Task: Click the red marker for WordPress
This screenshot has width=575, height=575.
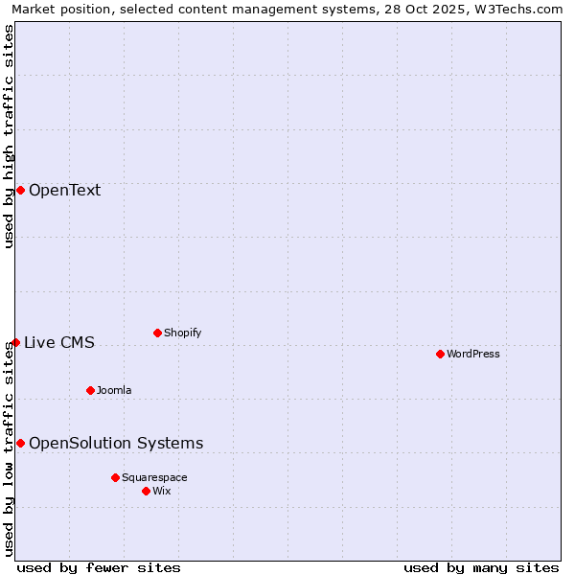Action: pyautogui.click(x=440, y=354)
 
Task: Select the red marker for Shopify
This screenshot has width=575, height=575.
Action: pyautogui.click(x=157, y=333)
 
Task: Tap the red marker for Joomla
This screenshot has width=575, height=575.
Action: pyautogui.click(x=90, y=390)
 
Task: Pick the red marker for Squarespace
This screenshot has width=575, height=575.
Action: pyautogui.click(x=115, y=477)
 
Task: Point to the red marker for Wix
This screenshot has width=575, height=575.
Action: pyautogui.click(x=146, y=491)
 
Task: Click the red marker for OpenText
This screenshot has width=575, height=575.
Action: pyautogui.click(x=20, y=190)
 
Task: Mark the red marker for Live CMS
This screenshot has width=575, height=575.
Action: pyautogui.click(x=15, y=342)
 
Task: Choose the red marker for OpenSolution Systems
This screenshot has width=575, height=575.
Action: pyautogui.click(x=20, y=443)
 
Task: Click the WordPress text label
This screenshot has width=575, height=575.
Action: pyautogui.click(x=473, y=354)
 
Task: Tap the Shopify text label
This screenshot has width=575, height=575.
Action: pyautogui.click(x=183, y=333)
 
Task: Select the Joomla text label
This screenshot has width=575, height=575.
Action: pyautogui.click(x=114, y=390)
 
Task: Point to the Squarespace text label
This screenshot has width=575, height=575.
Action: pyautogui.click(x=154, y=477)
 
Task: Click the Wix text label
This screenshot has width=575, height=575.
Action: pyautogui.click(x=162, y=491)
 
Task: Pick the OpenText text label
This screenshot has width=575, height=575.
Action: pyautogui.click(x=64, y=190)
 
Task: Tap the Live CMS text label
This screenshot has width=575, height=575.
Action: pyautogui.click(x=59, y=342)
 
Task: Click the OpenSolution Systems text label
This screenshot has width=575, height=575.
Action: pyautogui.click(x=116, y=443)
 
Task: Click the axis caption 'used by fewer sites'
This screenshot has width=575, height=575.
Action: pyautogui.click(x=99, y=567)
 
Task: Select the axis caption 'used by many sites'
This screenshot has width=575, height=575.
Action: pyautogui.click(x=481, y=567)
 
